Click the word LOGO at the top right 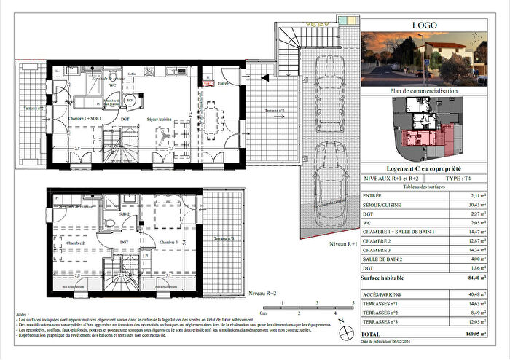point(424,25)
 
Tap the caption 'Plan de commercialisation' point(423,91)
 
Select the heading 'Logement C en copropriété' point(423,168)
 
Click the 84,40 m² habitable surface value point(480,277)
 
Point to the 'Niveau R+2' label point(263,293)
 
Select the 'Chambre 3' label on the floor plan point(168,243)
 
